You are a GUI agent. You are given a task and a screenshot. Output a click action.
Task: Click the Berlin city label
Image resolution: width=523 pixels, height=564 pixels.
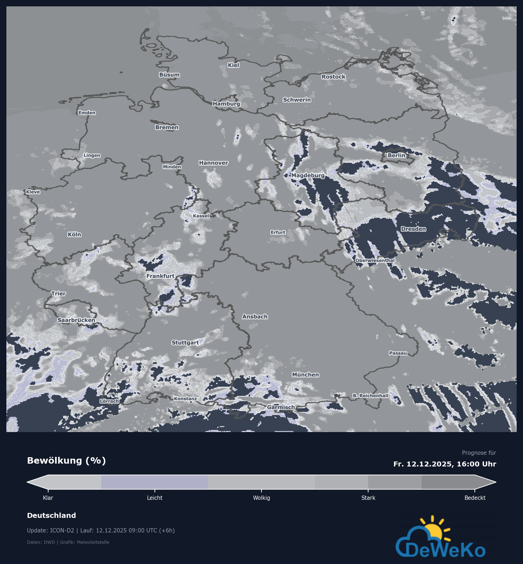coord(396,155)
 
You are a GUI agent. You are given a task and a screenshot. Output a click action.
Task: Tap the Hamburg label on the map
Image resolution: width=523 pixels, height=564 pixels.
coord(226,104)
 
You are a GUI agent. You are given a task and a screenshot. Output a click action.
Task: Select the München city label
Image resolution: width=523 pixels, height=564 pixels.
coord(305,375)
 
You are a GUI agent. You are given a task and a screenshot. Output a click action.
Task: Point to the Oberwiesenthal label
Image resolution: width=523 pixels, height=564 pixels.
coord(375,260)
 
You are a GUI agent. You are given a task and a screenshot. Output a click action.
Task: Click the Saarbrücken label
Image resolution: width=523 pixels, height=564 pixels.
coord(76,320)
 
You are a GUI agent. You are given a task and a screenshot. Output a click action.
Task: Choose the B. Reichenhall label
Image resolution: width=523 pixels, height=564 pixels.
coord(370,396)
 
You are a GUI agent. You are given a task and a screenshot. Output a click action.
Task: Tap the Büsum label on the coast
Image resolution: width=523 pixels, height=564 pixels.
coord(169,75)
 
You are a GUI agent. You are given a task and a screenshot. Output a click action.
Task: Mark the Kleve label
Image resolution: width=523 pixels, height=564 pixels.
coord(33,192)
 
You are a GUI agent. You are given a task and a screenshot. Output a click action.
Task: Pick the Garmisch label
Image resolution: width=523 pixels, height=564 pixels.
coord(281,407)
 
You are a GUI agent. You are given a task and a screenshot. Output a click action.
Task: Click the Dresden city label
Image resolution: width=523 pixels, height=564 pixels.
coord(413,229)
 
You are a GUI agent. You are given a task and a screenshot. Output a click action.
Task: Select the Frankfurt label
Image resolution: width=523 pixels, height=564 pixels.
coord(161,276)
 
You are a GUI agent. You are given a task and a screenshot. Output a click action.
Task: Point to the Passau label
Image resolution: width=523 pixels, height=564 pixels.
coord(398,353)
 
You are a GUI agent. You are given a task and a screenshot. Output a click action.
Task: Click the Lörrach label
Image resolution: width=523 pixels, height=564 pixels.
coord(109,401)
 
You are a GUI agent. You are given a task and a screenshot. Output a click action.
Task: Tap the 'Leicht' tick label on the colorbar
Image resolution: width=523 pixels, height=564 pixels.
coord(155,498)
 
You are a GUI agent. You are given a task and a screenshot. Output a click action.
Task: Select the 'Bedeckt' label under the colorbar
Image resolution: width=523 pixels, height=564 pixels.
coord(475,498)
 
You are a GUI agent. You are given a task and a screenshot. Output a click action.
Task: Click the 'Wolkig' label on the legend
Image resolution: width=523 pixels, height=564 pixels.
coord(261,498)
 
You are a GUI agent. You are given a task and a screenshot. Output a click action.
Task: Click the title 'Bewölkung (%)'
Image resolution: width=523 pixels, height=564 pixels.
coord(66,461)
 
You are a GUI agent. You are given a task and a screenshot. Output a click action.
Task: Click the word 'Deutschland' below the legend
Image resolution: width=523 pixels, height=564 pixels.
coord(51,515)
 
